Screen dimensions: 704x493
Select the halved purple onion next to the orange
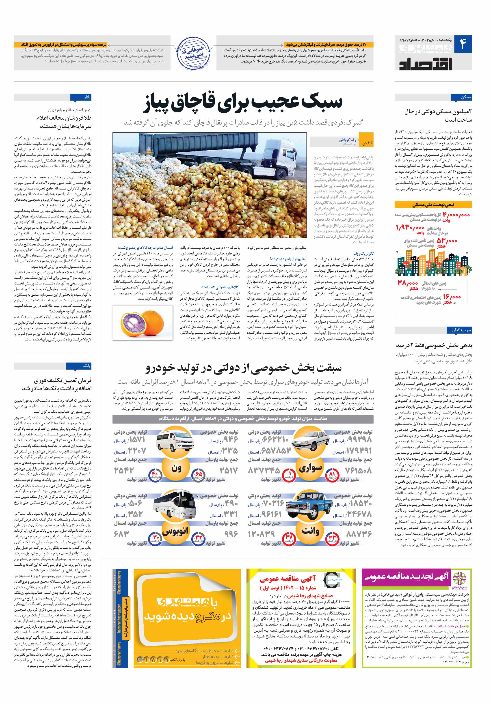click(132, 323)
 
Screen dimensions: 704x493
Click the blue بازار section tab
click(81, 97)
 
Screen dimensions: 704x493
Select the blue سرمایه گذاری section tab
click(459, 330)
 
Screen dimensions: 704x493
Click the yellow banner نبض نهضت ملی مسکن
click(433, 205)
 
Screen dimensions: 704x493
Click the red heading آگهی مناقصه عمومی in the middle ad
click(288, 579)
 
